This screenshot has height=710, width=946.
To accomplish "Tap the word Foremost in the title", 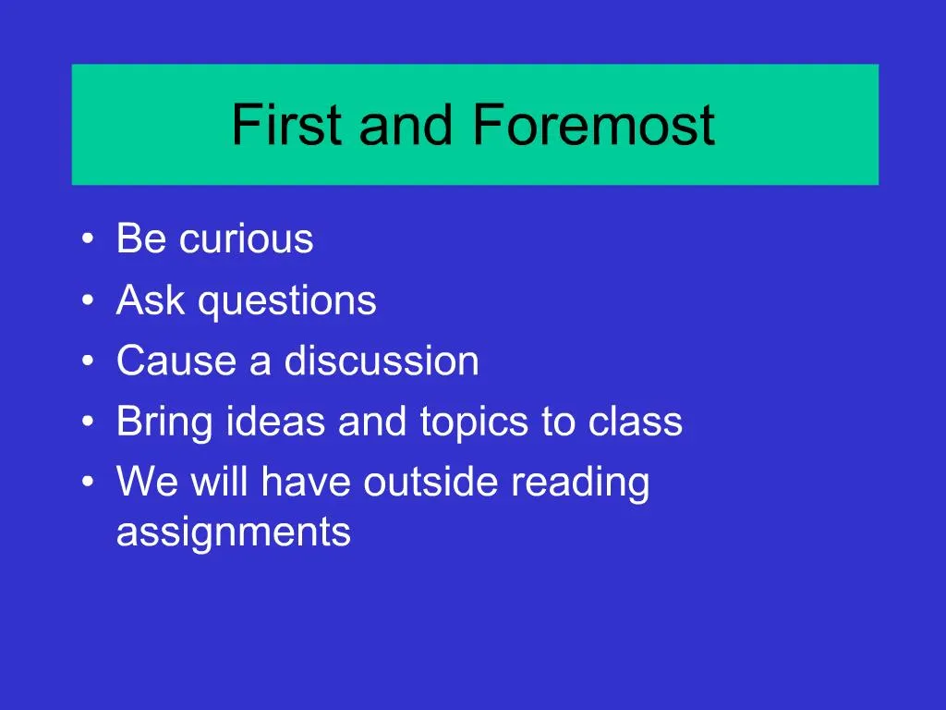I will [593, 126].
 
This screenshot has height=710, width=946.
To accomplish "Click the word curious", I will [247, 239].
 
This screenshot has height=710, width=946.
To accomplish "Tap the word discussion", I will [382, 361].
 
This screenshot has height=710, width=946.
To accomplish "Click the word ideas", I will [276, 422].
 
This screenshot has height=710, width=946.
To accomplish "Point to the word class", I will [636, 422].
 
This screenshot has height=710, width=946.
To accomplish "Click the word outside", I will [432, 483].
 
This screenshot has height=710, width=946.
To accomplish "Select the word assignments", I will [234, 533].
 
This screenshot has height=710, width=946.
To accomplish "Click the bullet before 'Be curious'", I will [87, 240].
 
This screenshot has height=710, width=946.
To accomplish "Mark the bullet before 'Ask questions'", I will [87, 301].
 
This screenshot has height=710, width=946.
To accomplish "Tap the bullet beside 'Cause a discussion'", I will [87, 361].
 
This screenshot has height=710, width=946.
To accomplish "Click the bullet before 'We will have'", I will [87, 484].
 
